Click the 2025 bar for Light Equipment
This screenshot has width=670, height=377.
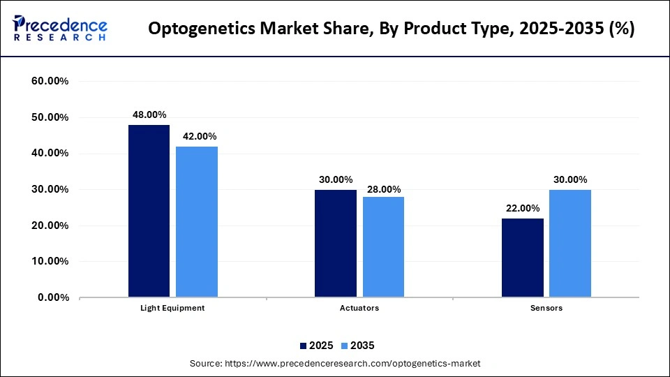pos(149,211)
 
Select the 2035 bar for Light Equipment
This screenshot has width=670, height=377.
pos(197,222)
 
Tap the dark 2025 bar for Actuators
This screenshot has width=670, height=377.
pos(335,244)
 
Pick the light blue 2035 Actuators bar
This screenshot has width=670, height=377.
pos(383,247)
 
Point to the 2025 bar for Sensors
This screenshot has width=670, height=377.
pos(522,258)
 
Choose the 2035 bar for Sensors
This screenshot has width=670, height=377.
pos(569,244)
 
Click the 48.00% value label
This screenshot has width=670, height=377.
pos(149,115)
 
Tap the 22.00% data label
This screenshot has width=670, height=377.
pos(522,208)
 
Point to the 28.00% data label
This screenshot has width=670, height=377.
pos(383,188)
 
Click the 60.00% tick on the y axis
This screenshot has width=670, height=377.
pos(50,82)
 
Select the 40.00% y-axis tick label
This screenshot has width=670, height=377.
pos(50,154)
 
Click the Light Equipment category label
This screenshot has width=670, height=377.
pos(173,308)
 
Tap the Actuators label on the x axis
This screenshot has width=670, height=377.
pos(359,308)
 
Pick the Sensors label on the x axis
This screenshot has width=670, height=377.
pos(546,308)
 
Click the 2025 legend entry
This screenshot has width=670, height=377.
pos(318,346)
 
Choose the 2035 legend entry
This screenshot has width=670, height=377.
pos(358,346)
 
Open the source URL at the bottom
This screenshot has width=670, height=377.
pos(335,364)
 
